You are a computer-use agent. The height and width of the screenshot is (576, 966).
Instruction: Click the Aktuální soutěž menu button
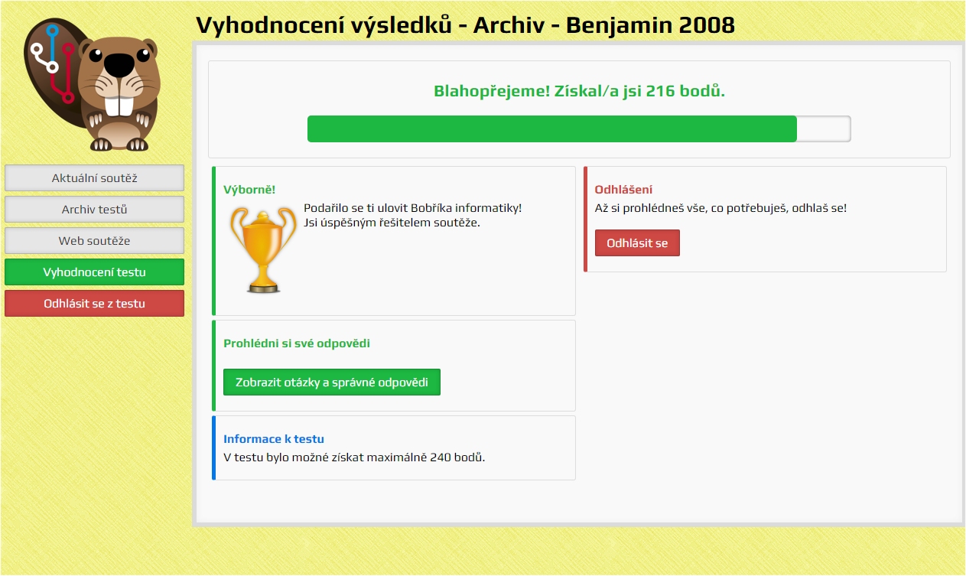pos(94,177)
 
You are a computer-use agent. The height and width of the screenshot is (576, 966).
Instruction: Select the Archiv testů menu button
pos(94,210)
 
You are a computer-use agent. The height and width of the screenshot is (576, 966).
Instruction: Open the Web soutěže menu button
pos(94,241)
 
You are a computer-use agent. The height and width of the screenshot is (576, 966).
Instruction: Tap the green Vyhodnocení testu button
pos(94,272)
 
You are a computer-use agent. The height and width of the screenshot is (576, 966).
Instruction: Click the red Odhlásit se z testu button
pos(94,304)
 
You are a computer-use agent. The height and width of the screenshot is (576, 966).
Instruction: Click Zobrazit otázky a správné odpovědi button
pos(332,382)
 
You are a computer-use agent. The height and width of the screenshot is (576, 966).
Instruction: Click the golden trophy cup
pos(263,250)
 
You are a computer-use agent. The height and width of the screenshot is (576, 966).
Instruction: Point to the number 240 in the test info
pos(440,457)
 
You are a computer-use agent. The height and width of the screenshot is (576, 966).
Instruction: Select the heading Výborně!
pos(249,190)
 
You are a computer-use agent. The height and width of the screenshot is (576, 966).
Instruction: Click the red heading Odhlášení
pos(623,190)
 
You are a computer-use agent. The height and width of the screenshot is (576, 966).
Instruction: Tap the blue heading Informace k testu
pos(273,439)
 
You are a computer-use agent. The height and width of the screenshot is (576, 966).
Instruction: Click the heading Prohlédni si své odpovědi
pos(297,343)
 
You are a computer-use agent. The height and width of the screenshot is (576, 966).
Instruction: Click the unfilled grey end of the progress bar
pos(824,129)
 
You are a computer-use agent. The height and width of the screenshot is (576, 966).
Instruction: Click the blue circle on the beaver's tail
pos(53,30)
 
